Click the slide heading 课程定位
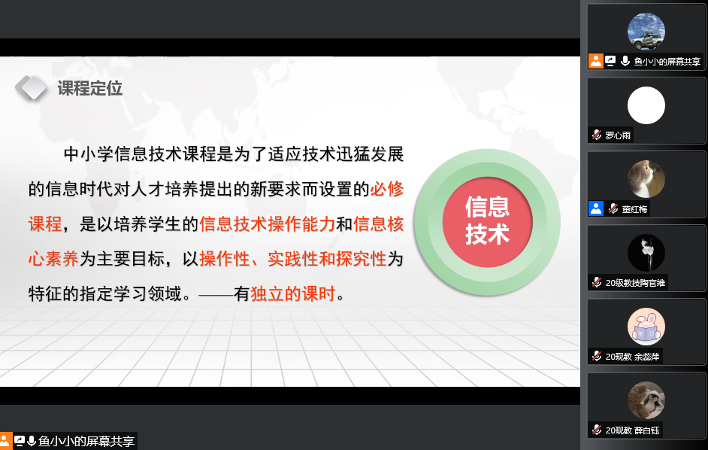(90, 88)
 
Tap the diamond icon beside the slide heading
(31, 87)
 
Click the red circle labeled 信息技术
(487, 221)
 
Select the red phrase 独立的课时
(292, 294)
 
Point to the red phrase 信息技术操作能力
(268, 223)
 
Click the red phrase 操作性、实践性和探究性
(292, 259)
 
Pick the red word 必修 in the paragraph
(387, 189)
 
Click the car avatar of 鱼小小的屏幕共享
(646, 31)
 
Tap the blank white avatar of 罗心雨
(646, 105)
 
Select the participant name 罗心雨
(618, 135)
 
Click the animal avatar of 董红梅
(646, 179)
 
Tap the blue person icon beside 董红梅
(596, 208)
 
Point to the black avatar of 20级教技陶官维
(646, 253)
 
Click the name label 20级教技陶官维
(635, 283)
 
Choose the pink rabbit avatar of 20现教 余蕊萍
(646, 327)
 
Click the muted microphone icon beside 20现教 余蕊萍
(597, 356)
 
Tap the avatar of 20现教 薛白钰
(646, 400)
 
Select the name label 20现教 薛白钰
(633, 430)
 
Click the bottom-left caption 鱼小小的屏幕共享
(86, 441)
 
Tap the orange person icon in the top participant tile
(596, 61)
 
